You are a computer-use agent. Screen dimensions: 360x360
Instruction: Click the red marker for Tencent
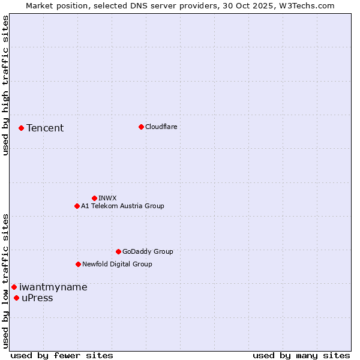(21, 128)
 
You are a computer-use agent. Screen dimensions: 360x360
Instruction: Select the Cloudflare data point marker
(141, 127)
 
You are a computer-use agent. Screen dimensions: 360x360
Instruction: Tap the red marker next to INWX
(94, 198)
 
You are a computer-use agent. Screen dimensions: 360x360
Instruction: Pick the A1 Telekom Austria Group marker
(77, 206)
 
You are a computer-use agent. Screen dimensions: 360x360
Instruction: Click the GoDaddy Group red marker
(118, 251)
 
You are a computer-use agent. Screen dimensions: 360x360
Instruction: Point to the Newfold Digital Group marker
(78, 264)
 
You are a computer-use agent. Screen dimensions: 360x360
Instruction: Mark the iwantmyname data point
(14, 287)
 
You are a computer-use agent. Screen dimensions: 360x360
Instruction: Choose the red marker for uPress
(16, 298)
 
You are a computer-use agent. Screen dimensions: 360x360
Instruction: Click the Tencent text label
(45, 128)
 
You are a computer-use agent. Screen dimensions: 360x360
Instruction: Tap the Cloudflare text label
(161, 127)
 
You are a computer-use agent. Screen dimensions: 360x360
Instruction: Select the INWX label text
(107, 198)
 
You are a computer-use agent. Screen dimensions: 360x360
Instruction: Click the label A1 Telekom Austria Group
(122, 206)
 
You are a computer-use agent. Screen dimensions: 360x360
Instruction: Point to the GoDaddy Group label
(148, 251)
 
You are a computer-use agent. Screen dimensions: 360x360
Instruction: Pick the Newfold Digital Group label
(117, 264)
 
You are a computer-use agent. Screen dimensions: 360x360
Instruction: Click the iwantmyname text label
(53, 287)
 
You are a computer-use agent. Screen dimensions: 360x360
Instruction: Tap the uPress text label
(37, 298)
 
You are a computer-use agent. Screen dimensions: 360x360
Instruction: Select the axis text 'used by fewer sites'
(62, 355)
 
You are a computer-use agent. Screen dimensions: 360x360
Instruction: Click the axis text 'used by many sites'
(301, 355)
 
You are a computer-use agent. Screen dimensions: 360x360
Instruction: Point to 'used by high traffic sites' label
(6, 86)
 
